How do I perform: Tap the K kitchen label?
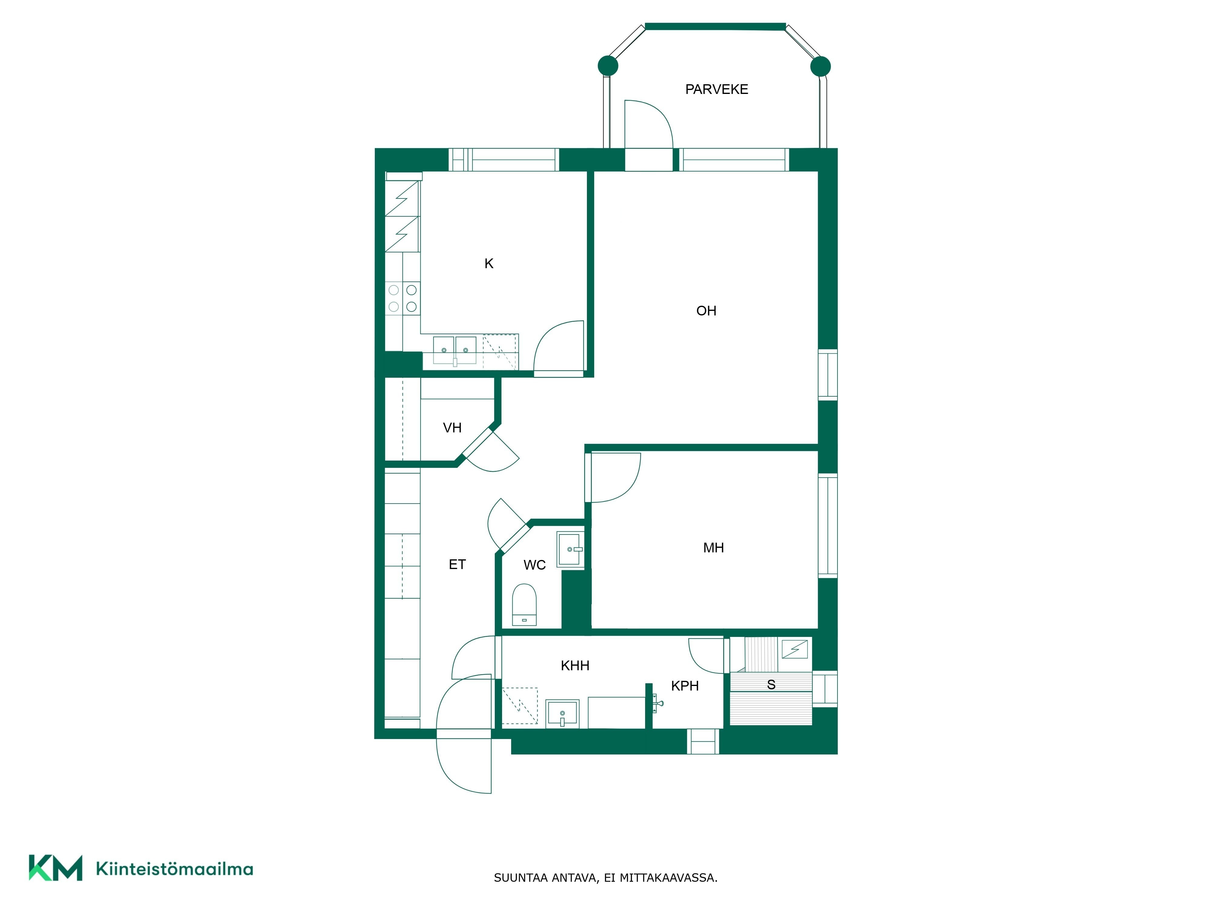(489, 264)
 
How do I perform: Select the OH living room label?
(706, 311)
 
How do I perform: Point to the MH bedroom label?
(713, 548)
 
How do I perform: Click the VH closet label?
(452, 427)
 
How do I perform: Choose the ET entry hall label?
(457, 564)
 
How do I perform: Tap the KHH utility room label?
(575, 666)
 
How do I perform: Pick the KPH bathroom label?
(685, 685)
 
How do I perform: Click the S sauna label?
(771, 684)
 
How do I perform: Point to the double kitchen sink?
(455, 350)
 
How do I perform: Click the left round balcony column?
(608, 66)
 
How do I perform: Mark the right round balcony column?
(820, 66)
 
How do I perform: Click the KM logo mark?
(55, 867)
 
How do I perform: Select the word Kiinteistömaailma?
(174, 869)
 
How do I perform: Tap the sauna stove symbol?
(794, 649)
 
